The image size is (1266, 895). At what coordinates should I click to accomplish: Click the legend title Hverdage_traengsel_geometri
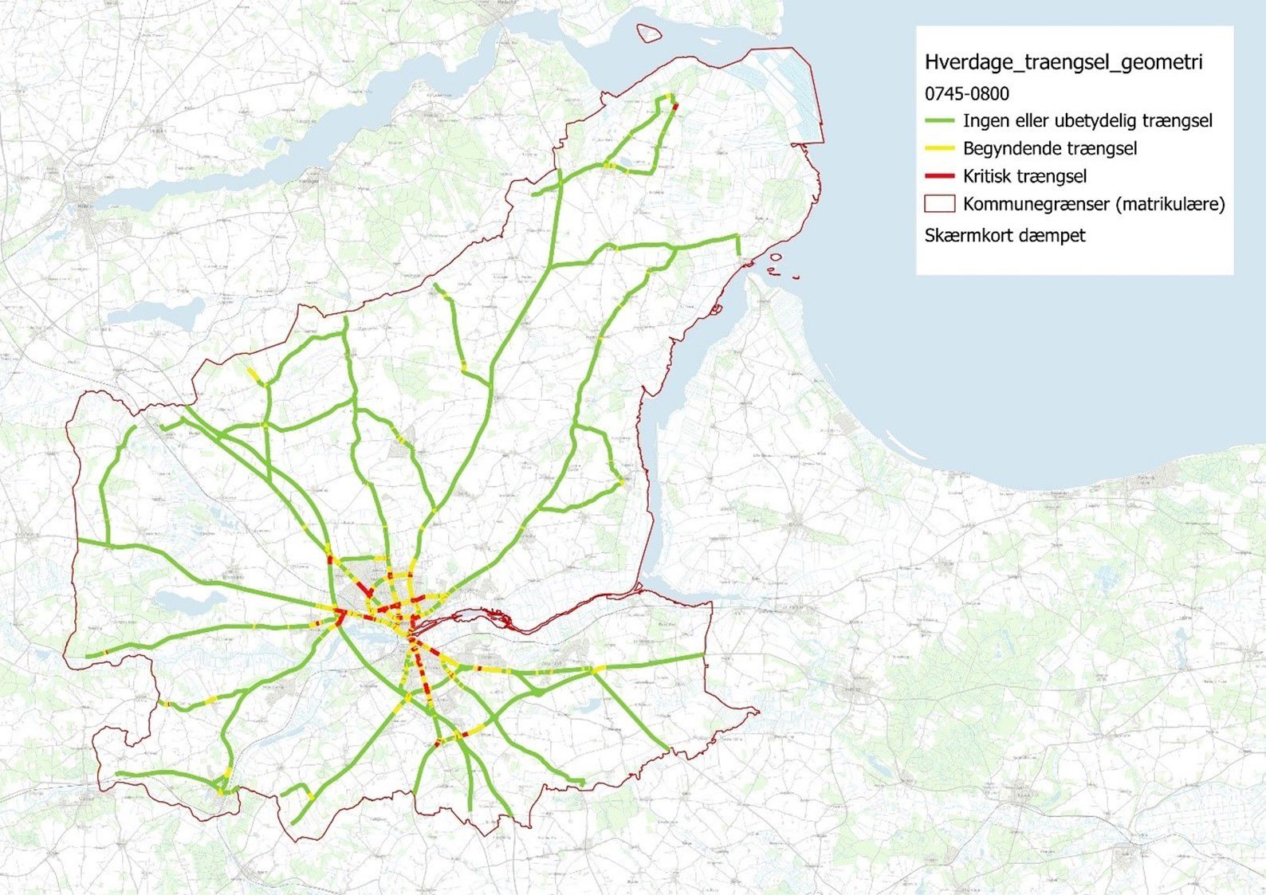[1064, 62]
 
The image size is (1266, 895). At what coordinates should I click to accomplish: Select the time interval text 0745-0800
[966, 93]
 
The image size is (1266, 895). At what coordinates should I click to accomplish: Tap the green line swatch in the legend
[940, 121]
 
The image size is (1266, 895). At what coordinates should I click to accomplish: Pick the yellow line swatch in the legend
[940, 148]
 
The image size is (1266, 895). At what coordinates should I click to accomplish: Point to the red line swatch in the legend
[940, 176]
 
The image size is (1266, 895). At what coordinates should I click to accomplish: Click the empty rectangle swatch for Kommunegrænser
[940, 203]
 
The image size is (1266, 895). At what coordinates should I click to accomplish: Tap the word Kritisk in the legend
[988, 176]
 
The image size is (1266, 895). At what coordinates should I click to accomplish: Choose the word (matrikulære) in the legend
[1170, 204]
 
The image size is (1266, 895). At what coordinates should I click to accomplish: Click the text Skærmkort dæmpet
[1005, 236]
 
